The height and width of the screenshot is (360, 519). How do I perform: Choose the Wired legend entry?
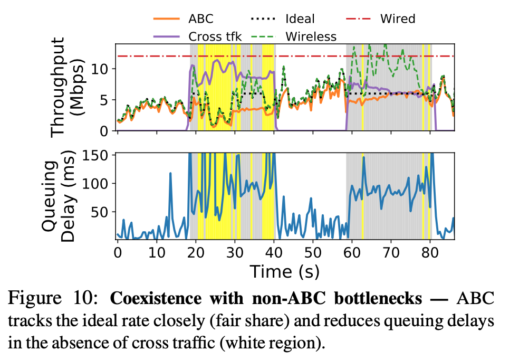click(x=397, y=20)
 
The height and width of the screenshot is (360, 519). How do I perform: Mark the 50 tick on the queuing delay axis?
click(x=101, y=212)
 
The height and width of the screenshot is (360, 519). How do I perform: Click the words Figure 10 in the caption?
click(x=57, y=299)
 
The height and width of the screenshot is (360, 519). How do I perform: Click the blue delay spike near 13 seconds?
click(x=170, y=174)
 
